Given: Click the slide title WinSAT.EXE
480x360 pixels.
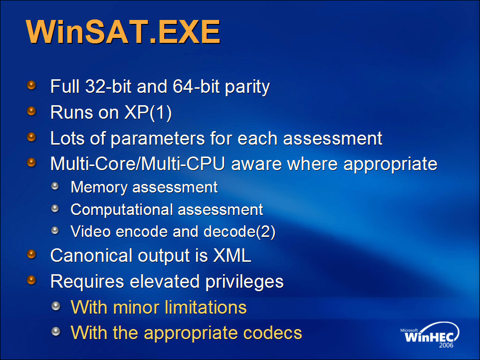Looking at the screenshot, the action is [x=123, y=31].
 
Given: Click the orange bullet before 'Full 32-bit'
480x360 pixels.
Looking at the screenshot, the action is [x=31, y=85].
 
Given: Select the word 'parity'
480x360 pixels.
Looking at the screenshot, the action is [x=247, y=87].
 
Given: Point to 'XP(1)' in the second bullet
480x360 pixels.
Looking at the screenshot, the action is [x=148, y=113].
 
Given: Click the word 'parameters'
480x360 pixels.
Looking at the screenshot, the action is [x=158, y=139].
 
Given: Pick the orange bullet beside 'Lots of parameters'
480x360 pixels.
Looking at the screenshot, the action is [x=31, y=137].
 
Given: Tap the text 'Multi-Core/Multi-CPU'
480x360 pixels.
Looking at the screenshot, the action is [x=138, y=164].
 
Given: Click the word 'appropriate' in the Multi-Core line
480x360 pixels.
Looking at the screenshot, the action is [x=390, y=165].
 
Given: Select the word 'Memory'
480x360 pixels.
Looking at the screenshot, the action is [x=99, y=187].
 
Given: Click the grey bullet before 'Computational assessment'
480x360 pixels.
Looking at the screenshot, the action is [x=55, y=208].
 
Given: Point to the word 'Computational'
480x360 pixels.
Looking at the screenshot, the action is [x=122, y=210].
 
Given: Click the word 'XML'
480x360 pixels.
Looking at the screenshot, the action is [x=232, y=255].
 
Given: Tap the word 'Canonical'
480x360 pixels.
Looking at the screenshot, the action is [x=91, y=255].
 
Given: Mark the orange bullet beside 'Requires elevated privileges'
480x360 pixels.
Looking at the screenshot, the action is [x=31, y=280].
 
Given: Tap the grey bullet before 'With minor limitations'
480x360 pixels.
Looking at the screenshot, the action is [x=56, y=306].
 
